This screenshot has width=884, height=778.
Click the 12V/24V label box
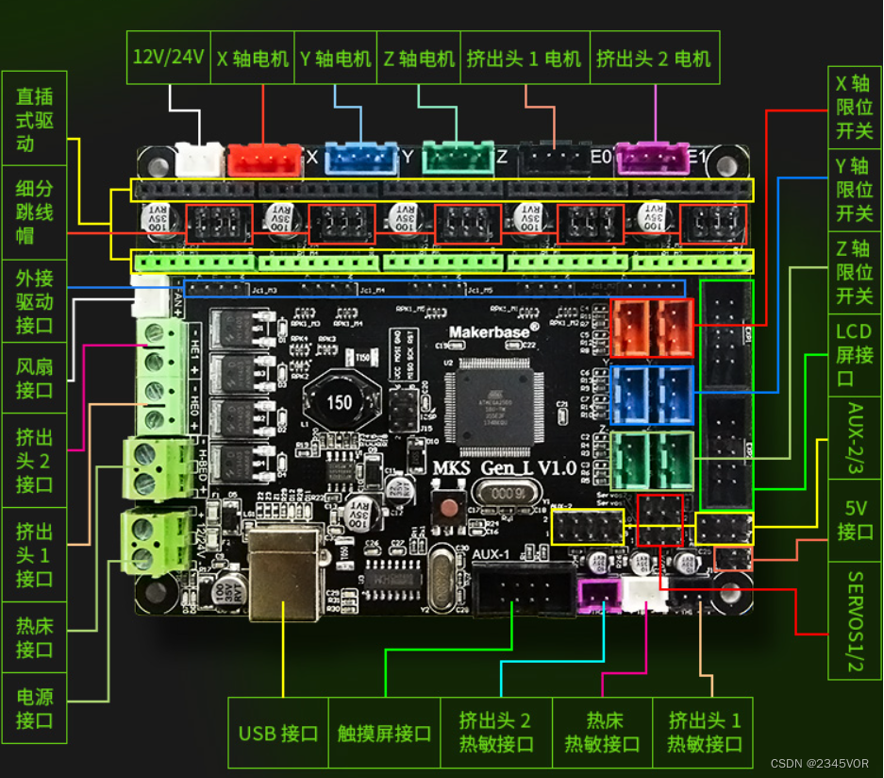(x=169, y=57)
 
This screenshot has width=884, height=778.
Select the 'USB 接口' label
(x=278, y=733)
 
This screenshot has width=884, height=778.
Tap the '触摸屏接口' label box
(x=384, y=733)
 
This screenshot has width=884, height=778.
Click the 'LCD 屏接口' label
(x=855, y=355)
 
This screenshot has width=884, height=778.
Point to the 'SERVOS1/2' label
(x=855, y=620)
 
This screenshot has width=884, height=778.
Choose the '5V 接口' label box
(x=855, y=519)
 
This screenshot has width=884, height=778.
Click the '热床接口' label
(x=34, y=638)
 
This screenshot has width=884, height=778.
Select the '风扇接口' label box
(x=34, y=378)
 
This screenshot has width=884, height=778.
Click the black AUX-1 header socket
(x=524, y=589)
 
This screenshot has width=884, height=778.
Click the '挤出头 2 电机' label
(x=654, y=57)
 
